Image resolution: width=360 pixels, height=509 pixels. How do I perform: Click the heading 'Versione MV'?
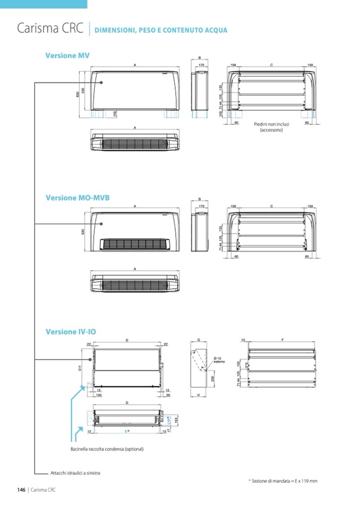[67, 55]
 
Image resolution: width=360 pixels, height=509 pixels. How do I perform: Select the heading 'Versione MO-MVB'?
[78, 197]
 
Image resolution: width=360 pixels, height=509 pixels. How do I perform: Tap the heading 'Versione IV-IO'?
[71, 332]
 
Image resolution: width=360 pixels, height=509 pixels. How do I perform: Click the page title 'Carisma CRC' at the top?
[50, 29]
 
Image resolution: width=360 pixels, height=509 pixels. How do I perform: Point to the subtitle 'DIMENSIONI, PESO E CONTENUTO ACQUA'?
[161, 30]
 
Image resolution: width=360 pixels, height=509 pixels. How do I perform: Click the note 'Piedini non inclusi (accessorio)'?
[271, 127]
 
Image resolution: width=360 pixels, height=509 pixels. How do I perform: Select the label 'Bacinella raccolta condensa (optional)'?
[107, 449]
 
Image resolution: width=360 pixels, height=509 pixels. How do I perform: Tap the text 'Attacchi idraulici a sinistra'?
[75, 473]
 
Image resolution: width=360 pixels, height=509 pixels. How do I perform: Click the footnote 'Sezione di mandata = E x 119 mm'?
[284, 481]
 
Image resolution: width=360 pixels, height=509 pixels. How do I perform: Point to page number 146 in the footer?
[21, 490]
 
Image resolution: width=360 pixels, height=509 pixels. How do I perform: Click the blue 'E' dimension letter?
[126, 432]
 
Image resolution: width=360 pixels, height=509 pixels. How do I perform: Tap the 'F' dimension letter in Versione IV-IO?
[282, 339]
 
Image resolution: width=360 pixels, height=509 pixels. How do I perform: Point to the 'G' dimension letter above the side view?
[198, 339]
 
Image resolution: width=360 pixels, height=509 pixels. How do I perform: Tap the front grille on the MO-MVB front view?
[135, 244]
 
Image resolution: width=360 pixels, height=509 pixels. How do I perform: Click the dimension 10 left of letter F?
[242, 339]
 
